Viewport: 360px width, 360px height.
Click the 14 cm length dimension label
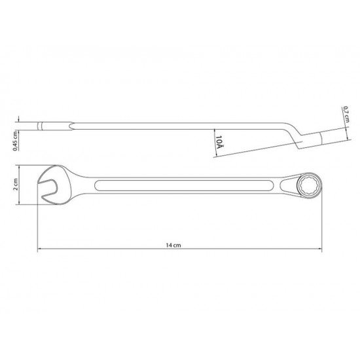click(x=173, y=245)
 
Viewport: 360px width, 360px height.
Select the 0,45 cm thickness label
click(x=14, y=139)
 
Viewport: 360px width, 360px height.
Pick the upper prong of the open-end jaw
click(x=52, y=175)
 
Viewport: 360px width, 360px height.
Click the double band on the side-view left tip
click(x=45, y=125)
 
